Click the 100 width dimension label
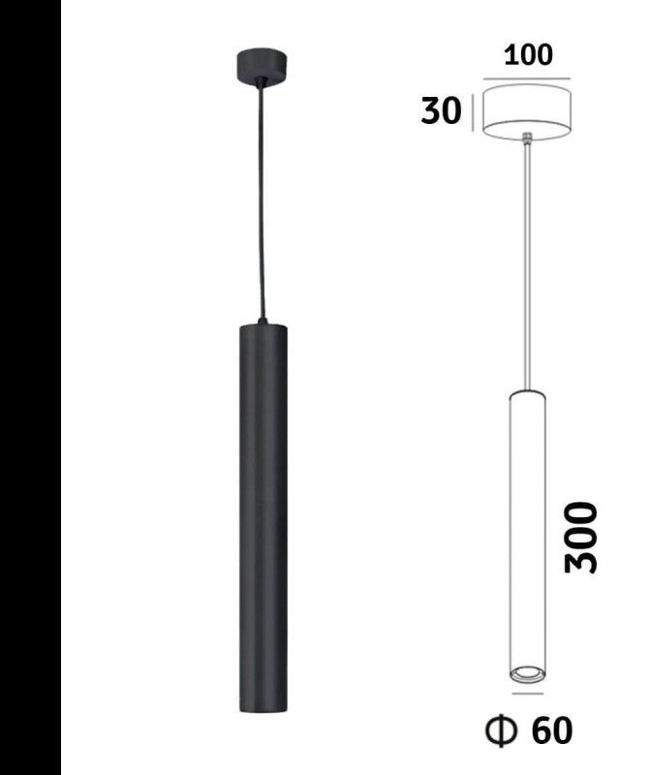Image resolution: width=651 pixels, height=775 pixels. tap(528, 54)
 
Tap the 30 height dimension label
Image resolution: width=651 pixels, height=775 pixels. tap(441, 111)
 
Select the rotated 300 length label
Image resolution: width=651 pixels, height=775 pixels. tap(581, 538)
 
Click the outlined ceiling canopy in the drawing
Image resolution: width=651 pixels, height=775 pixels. tap(527, 112)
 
